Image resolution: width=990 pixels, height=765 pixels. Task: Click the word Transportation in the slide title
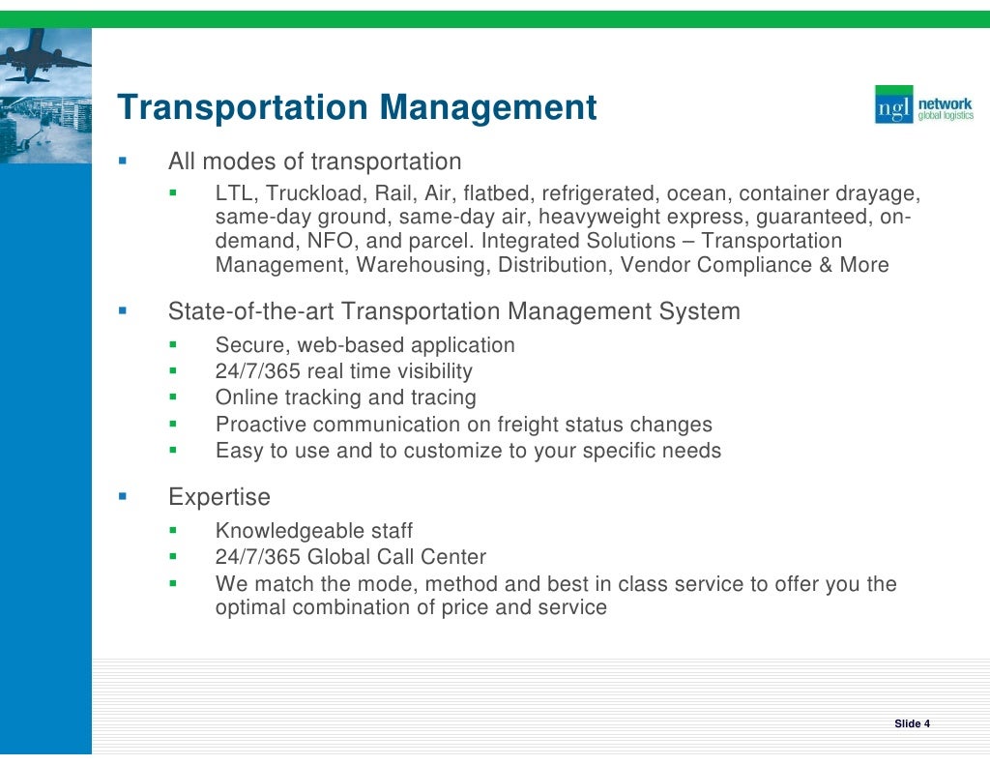tap(242, 107)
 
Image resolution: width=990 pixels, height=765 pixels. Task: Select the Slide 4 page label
tap(912, 723)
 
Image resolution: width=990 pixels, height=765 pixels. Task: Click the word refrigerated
tap(599, 193)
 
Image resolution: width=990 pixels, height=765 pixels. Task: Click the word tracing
tap(443, 397)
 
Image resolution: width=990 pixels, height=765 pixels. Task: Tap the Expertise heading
tap(219, 498)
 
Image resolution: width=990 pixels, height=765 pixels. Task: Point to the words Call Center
tap(435, 557)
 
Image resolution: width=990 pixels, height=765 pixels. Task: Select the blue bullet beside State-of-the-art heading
tap(123, 311)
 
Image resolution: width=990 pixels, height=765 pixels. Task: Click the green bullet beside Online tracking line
tap(173, 397)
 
